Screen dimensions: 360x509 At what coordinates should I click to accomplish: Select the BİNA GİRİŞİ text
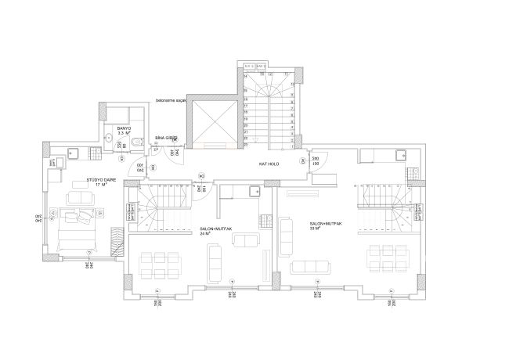164,136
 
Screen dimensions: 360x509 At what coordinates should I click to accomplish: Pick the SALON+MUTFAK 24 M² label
205,231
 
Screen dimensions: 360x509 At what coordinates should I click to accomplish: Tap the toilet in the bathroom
135,142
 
